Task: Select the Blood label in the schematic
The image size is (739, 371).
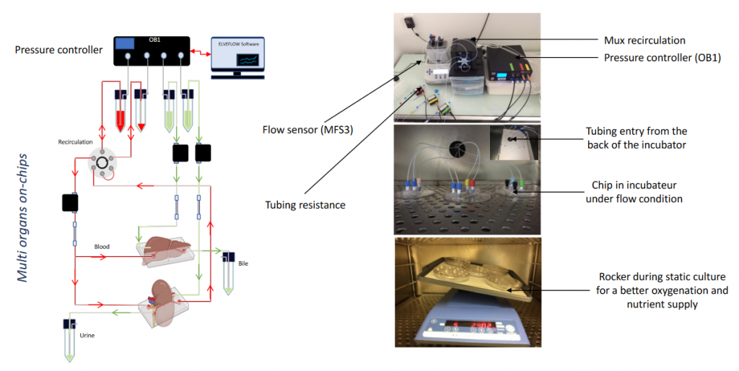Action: [x=102, y=246]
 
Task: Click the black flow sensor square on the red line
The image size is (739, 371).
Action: [x=70, y=203]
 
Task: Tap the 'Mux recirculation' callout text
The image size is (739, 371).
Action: [x=644, y=40]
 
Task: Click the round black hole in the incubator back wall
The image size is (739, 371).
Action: [x=458, y=149]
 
